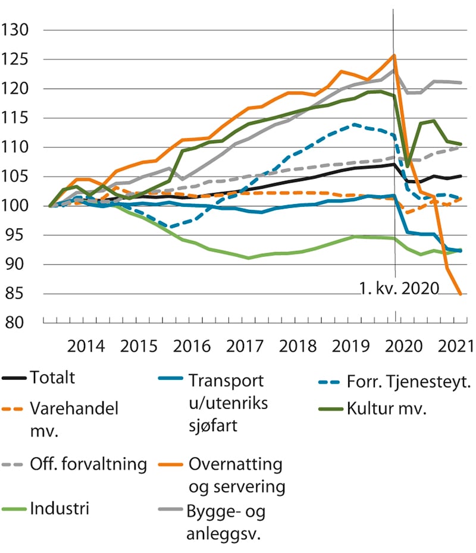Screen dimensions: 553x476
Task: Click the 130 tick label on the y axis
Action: pyautogui.click(x=17, y=30)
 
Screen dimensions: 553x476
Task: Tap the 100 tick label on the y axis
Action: pyautogui.click(x=17, y=206)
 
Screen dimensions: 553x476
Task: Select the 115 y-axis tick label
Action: pyautogui.click(x=17, y=118)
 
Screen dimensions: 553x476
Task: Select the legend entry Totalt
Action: pyautogui.click(x=55, y=378)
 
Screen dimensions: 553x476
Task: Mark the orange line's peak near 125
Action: pyautogui.click(x=394, y=55)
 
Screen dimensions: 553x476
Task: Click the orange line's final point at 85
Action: pyautogui.click(x=461, y=294)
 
